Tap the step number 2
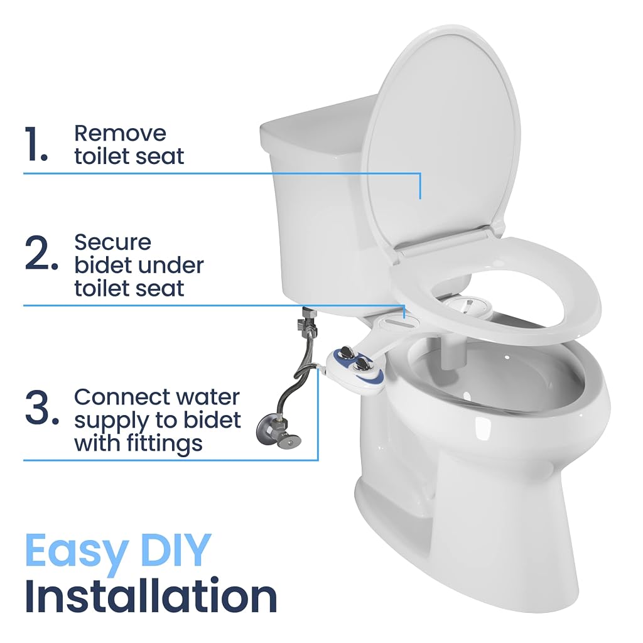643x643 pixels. coord(41,253)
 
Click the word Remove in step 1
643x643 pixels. coord(120,133)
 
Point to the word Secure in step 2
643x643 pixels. coord(113,242)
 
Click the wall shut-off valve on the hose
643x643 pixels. coord(278,431)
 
